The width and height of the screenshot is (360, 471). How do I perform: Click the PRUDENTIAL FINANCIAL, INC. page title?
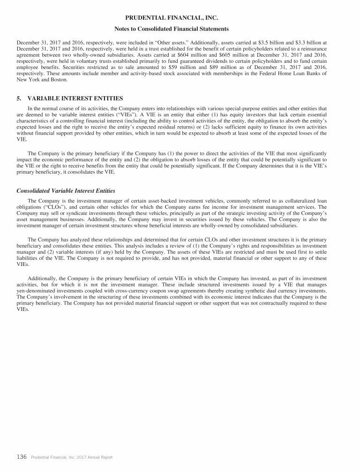point(180,18)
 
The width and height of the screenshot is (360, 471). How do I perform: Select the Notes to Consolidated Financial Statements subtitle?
point(180,29)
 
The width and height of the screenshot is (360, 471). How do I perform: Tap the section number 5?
point(19,99)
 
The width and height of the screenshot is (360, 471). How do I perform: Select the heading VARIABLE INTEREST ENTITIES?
point(75,99)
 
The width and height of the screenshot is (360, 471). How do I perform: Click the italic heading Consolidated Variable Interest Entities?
point(66,191)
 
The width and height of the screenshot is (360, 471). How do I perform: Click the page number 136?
point(22,457)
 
